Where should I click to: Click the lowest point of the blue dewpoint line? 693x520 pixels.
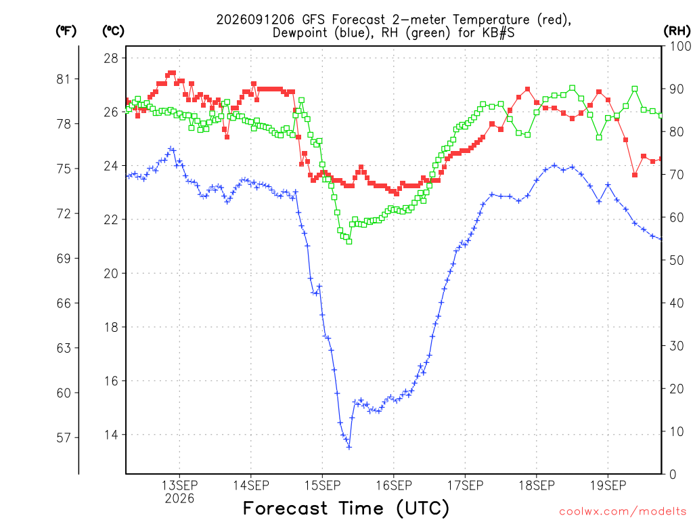click(x=349, y=447)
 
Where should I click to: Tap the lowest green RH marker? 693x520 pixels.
click(x=349, y=242)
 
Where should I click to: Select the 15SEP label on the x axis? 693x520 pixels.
click(x=323, y=485)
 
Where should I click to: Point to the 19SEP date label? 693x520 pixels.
click(x=608, y=485)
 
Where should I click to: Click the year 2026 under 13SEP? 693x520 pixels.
click(x=179, y=499)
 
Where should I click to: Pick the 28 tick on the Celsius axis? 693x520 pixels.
click(x=111, y=58)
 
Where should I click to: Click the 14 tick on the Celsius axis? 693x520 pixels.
click(x=111, y=435)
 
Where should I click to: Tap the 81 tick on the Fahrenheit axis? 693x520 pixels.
click(x=64, y=79)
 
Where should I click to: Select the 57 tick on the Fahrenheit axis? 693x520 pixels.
click(x=64, y=438)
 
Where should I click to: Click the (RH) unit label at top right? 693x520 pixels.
click(x=677, y=31)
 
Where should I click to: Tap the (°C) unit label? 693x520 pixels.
click(x=113, y=31)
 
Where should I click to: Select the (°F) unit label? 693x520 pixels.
click(x=66, y=31)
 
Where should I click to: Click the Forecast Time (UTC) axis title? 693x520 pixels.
click(x=346, y=508)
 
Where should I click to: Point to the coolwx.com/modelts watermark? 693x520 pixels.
click(x=623, y=512)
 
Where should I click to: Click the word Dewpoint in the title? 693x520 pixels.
click(x=301, y=33)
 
